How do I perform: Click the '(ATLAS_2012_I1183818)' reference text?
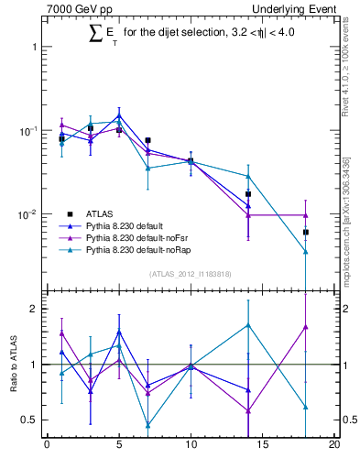point(191,273)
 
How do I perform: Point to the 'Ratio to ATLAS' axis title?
point(13,364)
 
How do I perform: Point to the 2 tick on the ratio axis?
point(35,309)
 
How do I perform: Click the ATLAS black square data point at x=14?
point(248,194)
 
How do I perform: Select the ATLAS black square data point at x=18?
point(305,233)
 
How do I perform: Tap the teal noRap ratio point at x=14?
point(248,324)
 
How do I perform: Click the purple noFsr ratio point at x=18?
point(305,326)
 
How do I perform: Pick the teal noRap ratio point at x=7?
point(147,425)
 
